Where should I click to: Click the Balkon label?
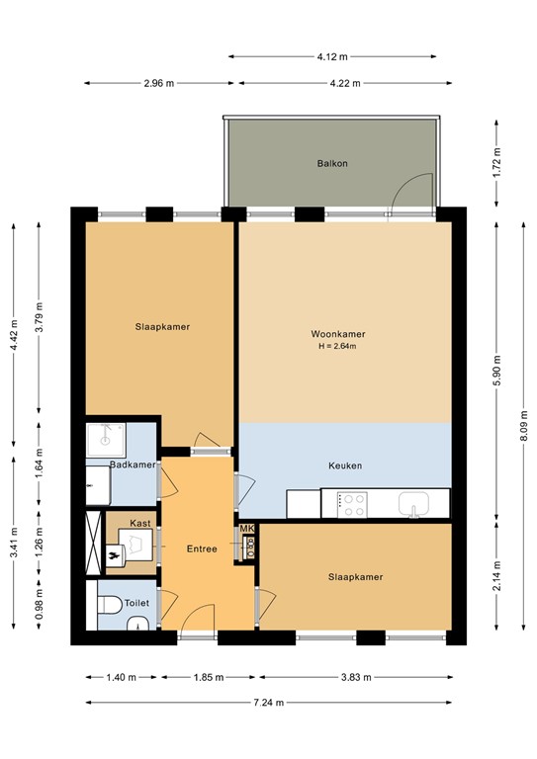coord(332,164)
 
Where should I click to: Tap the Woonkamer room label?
coord(338,334)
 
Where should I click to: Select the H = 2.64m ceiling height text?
coord(337,346)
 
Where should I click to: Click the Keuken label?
coord(345,465)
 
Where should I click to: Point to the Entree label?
coord(202,548)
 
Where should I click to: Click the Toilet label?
coord(136,603)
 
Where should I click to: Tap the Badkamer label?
coord(133,464)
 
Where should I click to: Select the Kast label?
coord(140,523)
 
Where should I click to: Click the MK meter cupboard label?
coord(247,529)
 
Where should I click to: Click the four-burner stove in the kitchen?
coord(352,505)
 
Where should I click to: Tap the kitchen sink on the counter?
coord(414,504)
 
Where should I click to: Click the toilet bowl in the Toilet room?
coord(110,605)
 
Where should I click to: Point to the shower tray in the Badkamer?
coord(106,440)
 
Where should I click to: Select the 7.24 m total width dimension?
coord(269,703)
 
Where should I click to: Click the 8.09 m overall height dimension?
coord(523,426)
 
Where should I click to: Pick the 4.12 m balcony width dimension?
coord(332,56)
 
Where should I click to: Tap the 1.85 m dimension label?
coord(209,677)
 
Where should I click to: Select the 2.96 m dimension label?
coord(159,83)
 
